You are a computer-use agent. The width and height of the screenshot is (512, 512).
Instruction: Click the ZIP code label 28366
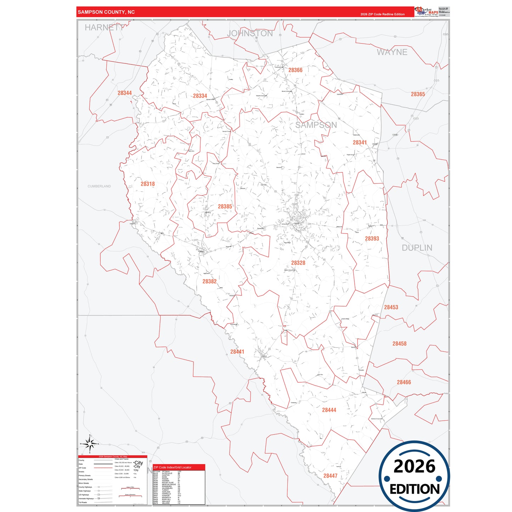pyautogui.click(x=295, y=70)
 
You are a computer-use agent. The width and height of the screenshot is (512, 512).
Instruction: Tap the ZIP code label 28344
pyautogui.click(x=124, y=93)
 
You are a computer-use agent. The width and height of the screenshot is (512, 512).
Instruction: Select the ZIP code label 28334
pyautogui.click(x=200, y=96)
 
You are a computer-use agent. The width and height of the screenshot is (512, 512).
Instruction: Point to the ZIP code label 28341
pyautogui.click(x=360, y=142)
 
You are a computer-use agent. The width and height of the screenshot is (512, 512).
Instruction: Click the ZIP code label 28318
pyautogui.click(x=147, y=184)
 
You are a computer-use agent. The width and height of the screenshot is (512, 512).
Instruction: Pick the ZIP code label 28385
pyautogui.click(x=225, y=207)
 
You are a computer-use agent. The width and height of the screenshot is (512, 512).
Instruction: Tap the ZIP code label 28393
pyautogui.click(x=372, y=239)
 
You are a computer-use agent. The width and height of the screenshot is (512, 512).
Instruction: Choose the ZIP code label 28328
pyautogui.click(x=298, y=263)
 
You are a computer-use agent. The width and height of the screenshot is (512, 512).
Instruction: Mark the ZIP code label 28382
pyautogui.click(x=209, y=281)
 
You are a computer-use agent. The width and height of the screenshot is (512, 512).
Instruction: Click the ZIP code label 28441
pyautogui.click(x=237, y=352)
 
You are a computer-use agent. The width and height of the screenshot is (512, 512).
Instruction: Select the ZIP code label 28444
pyautogui.click(x=329, y=410)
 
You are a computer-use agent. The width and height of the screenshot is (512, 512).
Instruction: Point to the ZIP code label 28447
pyautogui.click(x=330, y=476)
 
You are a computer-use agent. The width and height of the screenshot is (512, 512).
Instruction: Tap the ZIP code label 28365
pyautogui.click(x=418, y=94)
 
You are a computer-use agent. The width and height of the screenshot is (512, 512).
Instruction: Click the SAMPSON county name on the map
pyautogui.click(x=316, y=125)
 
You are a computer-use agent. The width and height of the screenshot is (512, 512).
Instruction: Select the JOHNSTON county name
pyautogui.click(x=250, y=34)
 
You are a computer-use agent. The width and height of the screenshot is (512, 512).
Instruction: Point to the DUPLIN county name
pyautogui.click(x=417, y=248)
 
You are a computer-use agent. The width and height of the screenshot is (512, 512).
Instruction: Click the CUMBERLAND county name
pyautogui.click(x=99, y=186)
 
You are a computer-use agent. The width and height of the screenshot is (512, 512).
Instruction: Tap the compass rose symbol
pyautogui.click(x=90, y=443)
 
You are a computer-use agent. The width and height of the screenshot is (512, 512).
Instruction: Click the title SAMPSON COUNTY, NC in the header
pyautogui.click(x=106, y=12)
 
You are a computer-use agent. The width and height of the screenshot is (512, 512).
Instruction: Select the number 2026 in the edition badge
pyautogui.click(x=414, y=466)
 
